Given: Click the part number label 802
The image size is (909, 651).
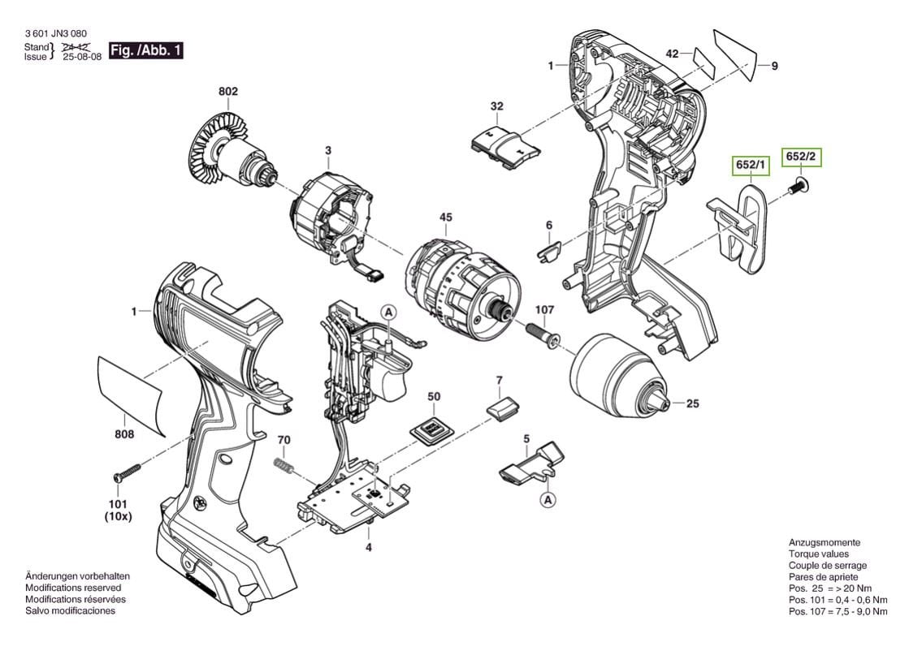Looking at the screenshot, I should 228,93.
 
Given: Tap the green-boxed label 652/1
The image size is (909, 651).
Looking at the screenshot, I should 751,166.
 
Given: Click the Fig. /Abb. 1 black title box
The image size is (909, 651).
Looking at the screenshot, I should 146,51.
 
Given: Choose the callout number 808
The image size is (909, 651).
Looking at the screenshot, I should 124,434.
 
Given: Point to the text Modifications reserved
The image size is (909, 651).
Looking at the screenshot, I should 73,587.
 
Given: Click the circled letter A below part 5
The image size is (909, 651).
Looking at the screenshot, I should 549,500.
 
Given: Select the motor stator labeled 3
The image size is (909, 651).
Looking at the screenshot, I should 329,219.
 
